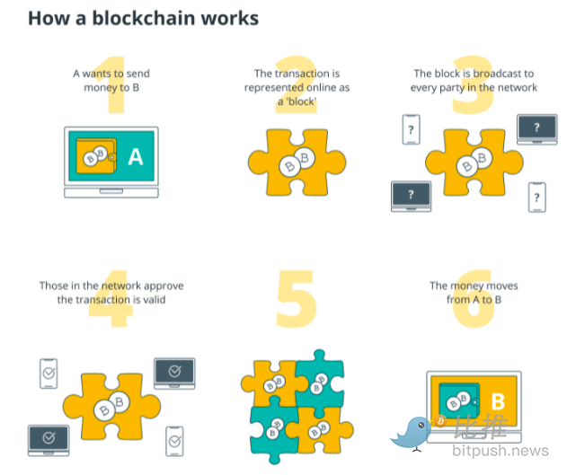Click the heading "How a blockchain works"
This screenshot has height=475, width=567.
click(143, 18)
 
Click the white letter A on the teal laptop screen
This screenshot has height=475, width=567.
click(136, 158)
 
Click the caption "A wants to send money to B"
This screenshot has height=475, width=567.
click(111, 80)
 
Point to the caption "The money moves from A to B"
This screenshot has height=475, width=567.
click(474, 292)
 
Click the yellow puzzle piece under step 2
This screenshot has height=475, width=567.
click(296, 162)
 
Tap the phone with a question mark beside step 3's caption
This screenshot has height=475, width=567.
click(411, 129)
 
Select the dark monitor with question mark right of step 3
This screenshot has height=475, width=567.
click(536, 128)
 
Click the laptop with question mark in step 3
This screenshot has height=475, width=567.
click(411, 196)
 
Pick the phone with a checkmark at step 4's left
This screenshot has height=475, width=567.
click(49, 374)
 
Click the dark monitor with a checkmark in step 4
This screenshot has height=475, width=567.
click(174, 372)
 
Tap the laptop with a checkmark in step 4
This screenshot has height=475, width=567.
click(49, 439)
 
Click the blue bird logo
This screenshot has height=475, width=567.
click(412, 430)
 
